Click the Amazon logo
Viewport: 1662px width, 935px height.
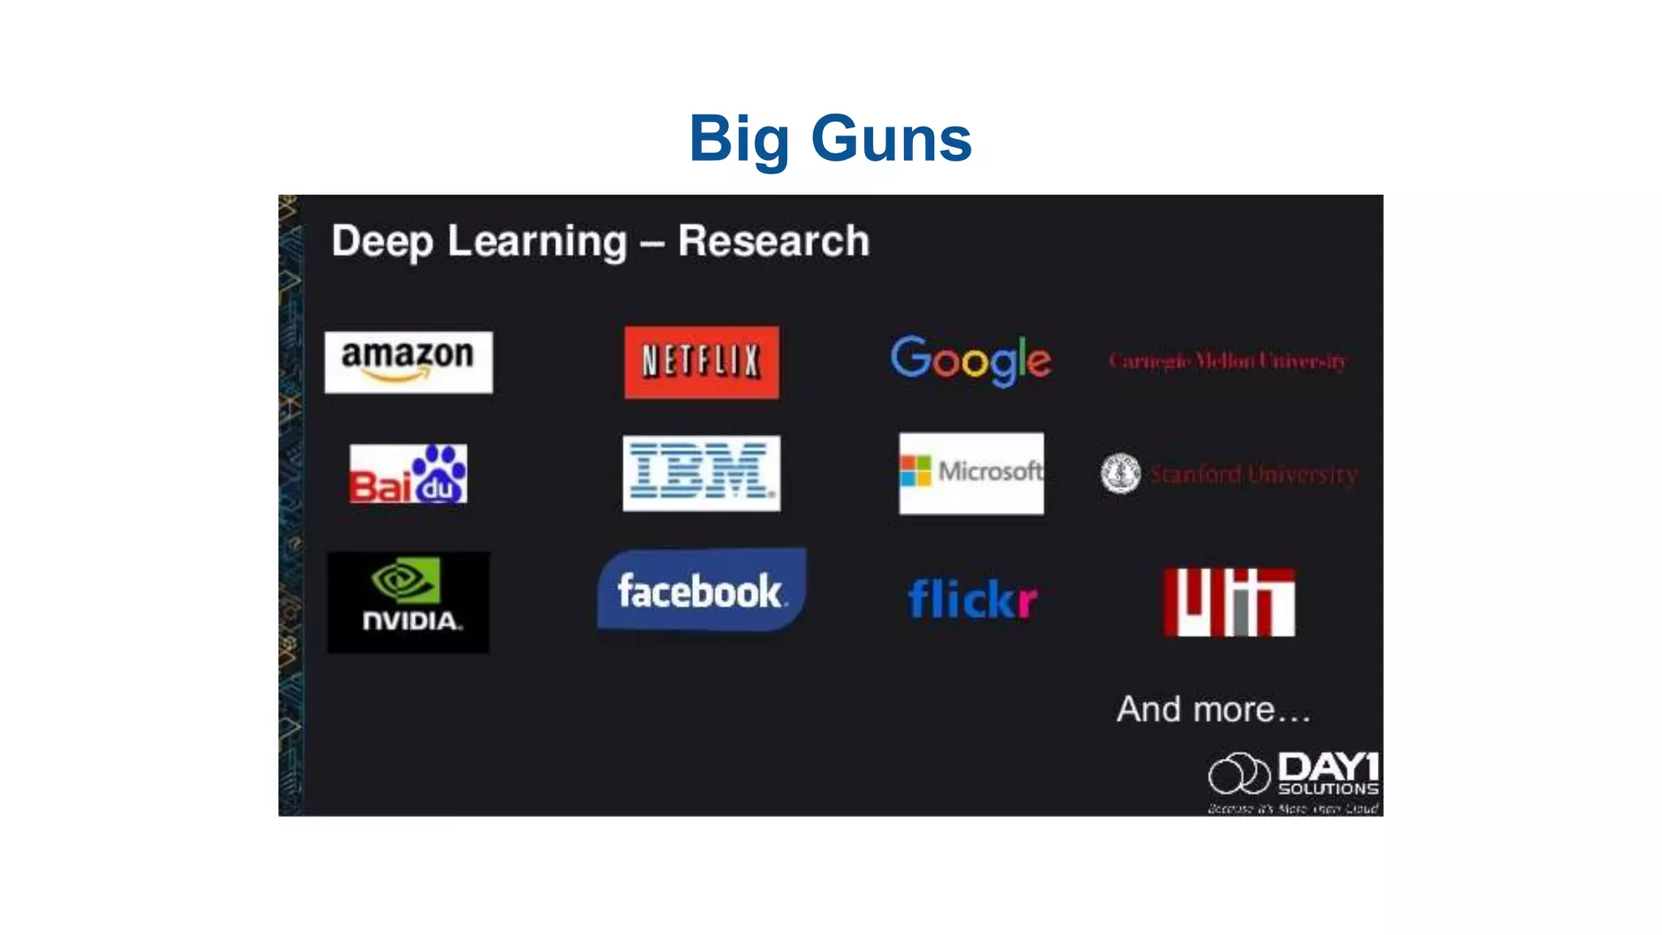coord(408,362)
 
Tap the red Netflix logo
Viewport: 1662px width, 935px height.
coord(701,362)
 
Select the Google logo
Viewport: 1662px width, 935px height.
coord(971,360)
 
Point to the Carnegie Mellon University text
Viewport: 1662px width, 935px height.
coord(1228,361)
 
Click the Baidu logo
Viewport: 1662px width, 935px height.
coord(408,474)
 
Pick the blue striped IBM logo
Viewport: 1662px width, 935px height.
coord(701,473)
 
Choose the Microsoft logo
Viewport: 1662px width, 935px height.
coord(971,472)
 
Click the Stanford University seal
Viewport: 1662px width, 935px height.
coord(1120,473)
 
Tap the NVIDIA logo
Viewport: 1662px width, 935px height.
coord(408,602)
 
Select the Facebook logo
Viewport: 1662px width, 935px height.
coord(701,590)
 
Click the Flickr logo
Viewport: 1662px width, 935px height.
coord(971,599)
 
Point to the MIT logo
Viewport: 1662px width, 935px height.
coord(1229,601)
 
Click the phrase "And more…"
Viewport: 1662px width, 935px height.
coord(1213,709)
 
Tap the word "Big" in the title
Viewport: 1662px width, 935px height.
coord(738,140)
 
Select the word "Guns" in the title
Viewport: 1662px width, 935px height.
coord(891,140)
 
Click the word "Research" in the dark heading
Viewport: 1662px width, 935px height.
coord(773,241)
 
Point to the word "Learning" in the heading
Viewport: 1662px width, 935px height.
coord(537,241)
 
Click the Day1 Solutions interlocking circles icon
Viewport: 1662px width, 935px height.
coord(1238,773)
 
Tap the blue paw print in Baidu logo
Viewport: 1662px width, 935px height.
coord(439,475)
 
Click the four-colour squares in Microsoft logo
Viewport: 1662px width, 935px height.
coord(915,471)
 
